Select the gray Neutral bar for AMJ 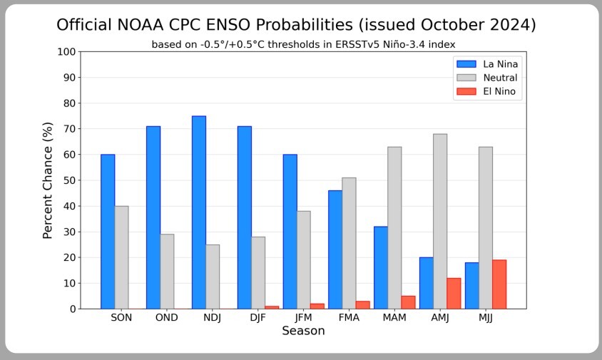pyautogui.click(x=440, y=221)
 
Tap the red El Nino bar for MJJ pyautogui.click(x=499, y=284)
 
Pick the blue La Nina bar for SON pyautogui.click(x=108, y=232)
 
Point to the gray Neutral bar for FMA pyautogui.click(x=349, y=243)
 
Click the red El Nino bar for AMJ pyautogui.click(x=454, y=293)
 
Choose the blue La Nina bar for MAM pyautogui.click(x=381, y=267)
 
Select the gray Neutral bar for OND pyautogui.click(x=167, y=272)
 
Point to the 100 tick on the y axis pyautogui.click(x=67, y=52)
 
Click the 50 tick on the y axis pyautogui.click(x=70, y=180)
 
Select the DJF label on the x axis pyautogui.click(x=258, y=318)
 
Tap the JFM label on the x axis pyautogui.click(x=304, y=318)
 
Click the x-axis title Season pyautogui.click(x=303, y=331)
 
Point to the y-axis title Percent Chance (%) pyautogui.click(x=48, y=180)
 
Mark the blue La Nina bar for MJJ pyautogui.click(x=472, y=285)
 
